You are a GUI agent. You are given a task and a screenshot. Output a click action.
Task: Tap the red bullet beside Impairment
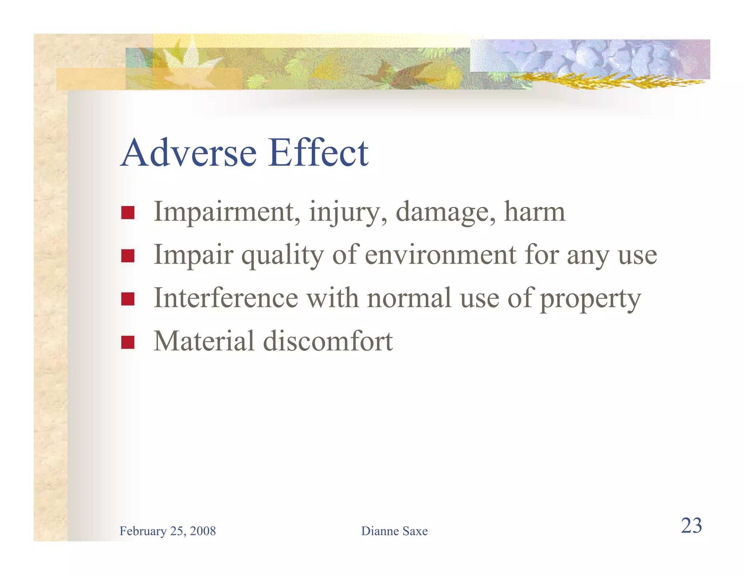[x=128, y=213]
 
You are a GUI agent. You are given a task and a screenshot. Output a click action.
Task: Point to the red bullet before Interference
[x=128, y=299]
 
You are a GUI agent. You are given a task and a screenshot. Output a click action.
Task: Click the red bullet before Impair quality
[x=128, y=256]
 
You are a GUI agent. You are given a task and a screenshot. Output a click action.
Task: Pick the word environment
[x=440, y=255]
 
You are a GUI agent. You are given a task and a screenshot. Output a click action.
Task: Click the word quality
[x=282, y=256]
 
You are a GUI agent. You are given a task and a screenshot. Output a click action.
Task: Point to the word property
[x=590, y=299]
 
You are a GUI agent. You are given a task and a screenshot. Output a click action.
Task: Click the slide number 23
[x=691, y=526]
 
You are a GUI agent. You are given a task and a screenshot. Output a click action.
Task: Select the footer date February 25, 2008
[x=167, y=531]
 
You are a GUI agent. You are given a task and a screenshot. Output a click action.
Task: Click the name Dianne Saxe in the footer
[x=394, y=531]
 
